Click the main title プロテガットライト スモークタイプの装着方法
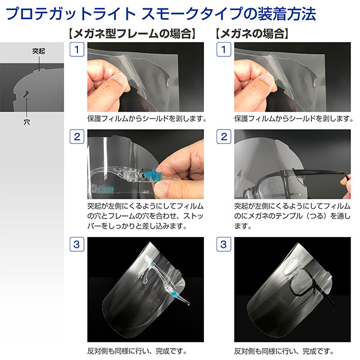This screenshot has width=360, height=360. click(160, 14)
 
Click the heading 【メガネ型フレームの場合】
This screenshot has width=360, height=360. click(132, 34)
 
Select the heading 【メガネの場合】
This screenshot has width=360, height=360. click(252, 34)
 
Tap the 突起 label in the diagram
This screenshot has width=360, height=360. click(38, 51)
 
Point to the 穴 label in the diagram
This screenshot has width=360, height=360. click(26, 122)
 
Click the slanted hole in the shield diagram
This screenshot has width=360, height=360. click(26, 94)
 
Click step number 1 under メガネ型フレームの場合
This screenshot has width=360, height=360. click(77, 49)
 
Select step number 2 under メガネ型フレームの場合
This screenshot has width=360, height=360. click(77, 137)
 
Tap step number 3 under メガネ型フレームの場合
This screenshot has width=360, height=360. click(77, 244)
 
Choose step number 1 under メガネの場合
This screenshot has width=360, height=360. click(224, 49)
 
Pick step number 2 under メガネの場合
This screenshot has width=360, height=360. click(224, 137)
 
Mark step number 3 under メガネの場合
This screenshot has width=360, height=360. click(224, 244)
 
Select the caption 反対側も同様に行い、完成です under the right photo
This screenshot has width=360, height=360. click(284, 351)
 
